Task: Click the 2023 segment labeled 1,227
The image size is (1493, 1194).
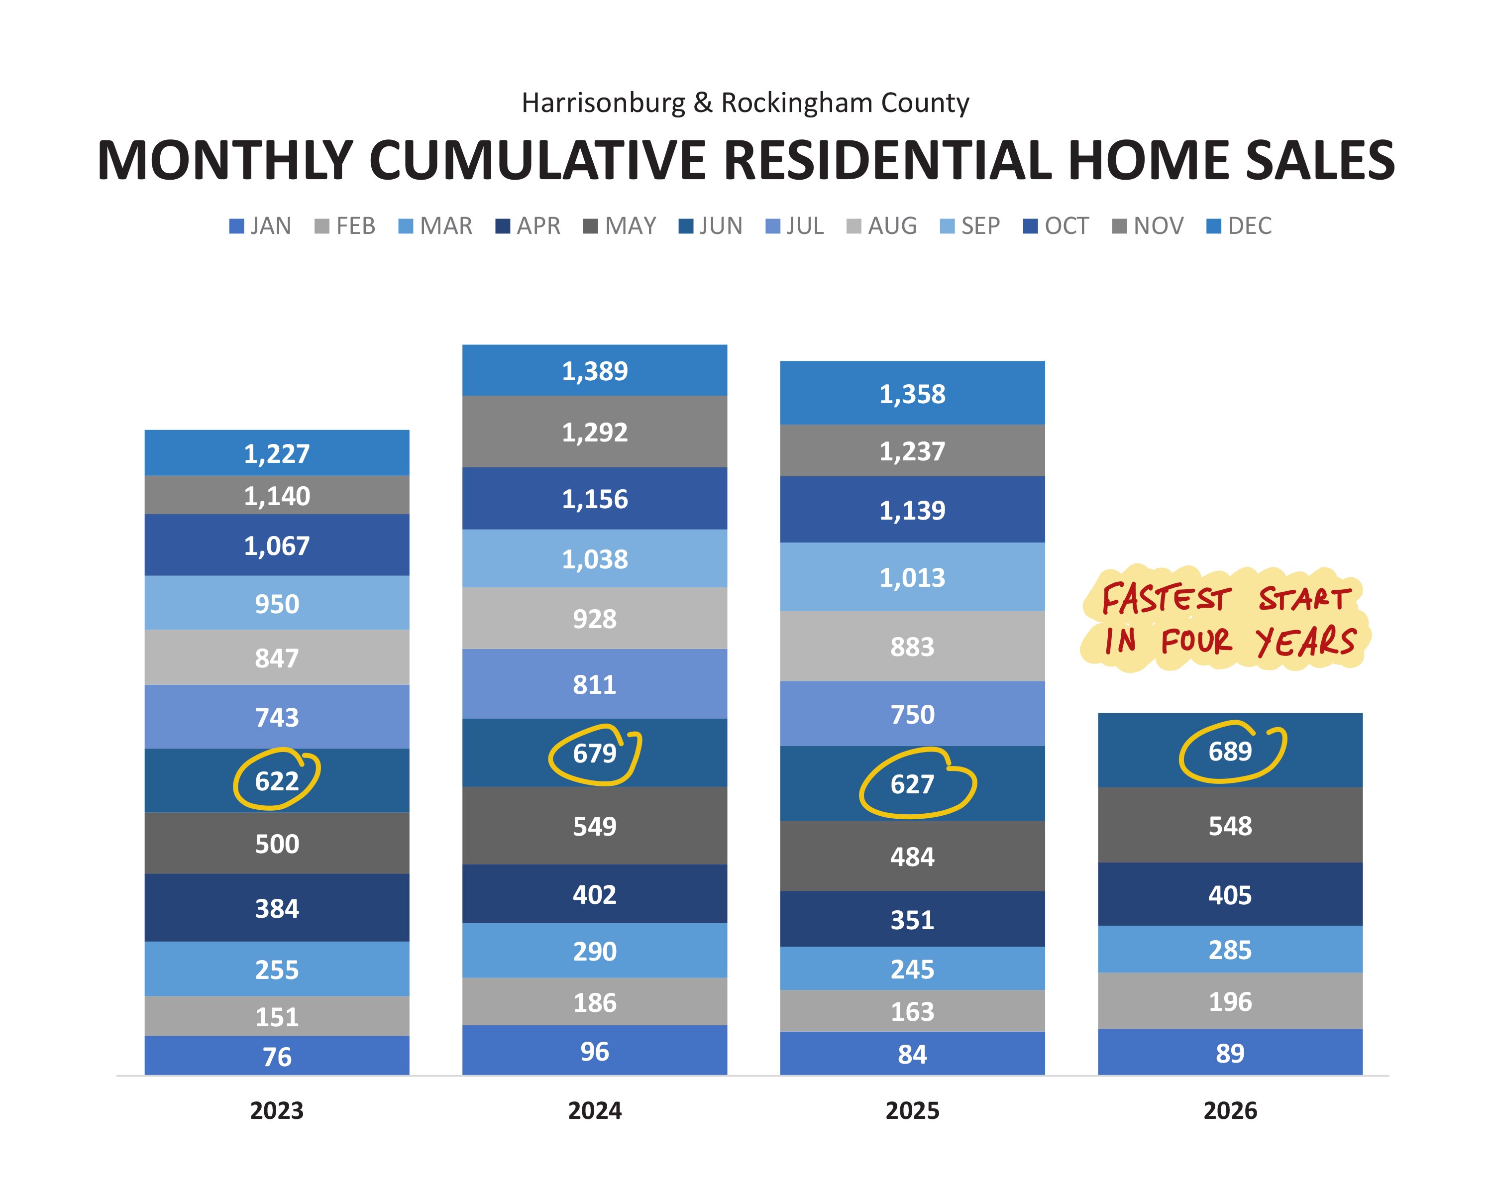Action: pos(277,453)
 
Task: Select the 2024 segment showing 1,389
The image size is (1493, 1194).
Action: pos(595,370)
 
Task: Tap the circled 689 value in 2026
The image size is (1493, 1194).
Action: pos(1231,751)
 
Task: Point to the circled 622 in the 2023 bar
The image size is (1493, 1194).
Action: pos(277,780)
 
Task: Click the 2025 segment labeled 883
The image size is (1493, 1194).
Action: pos(913,646)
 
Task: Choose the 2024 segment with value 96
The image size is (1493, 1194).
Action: pos(595,1051)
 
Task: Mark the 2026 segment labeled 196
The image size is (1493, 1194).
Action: pos(1231,1001)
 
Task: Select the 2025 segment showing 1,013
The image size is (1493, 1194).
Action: pos(913,577)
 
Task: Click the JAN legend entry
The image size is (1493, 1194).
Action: pos(260,226)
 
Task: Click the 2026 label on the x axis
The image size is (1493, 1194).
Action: pos(1231,1111)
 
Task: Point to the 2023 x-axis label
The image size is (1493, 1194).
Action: pos(277,1111)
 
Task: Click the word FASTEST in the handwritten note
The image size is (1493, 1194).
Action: pos(1166,598)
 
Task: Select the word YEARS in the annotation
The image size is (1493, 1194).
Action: pos(1306,642)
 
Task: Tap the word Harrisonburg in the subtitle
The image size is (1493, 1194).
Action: pos(603,103)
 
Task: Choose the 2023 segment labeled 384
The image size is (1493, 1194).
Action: pos(277,908)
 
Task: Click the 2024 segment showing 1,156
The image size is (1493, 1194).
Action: pos(595,499)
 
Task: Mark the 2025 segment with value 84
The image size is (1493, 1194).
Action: pos(913,1054)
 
